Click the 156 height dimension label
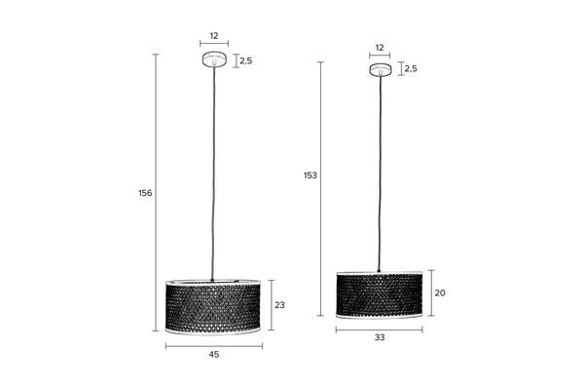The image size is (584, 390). tap(145, 193)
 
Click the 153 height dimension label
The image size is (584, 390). tap(310, 175)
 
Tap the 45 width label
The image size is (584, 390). tap(214, 355)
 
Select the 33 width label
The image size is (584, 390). tap(380, 337)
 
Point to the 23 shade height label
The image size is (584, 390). tap(279, 305)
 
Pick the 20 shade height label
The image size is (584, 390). tap(440, 292)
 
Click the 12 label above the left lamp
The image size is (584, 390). tap(214, 36)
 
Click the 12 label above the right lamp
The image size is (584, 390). tap(380, 48)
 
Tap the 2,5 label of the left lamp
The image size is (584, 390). tap(246, 60)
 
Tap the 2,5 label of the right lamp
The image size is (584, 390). tap(411, 68)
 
